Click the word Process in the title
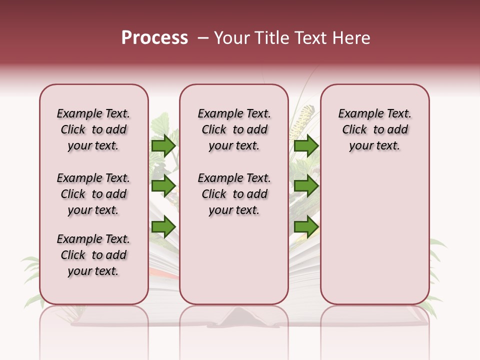click(154, 38)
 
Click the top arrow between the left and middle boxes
click(163, 145)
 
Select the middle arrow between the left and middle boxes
click(163, 186)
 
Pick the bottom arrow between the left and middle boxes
click(163, 227)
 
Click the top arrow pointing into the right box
click(306, 145)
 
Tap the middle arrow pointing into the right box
click(306, 186)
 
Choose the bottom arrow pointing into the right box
click(306, 227)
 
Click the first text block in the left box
click(93, 129)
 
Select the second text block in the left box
click(93, 194)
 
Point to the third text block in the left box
click(93, 255)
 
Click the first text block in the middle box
click(234, 129)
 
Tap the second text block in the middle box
click(234, 194)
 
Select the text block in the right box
click(374, 129)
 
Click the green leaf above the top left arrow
click(161, 122)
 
